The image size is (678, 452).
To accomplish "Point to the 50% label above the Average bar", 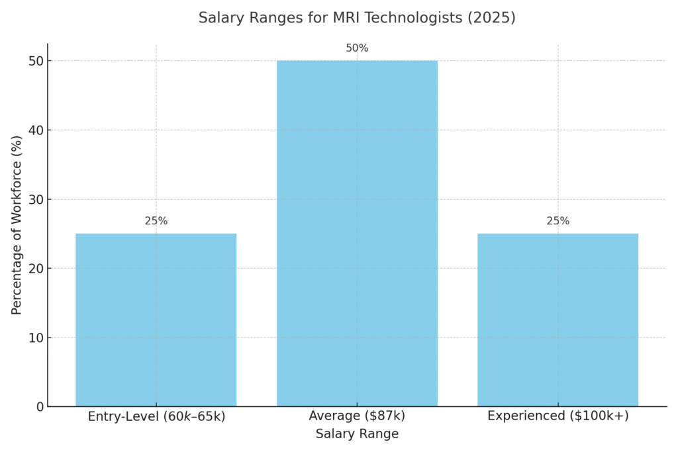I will pos(357,48).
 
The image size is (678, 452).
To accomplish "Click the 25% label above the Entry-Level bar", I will pos(156,221).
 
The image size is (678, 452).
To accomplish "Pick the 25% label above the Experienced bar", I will pos(557,221).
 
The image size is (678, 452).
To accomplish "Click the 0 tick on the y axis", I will pos(39,407).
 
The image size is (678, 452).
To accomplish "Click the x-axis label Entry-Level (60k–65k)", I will pos(156,417).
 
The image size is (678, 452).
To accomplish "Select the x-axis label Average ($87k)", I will pos(357,417).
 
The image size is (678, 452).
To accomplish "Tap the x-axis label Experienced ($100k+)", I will pos(557,417).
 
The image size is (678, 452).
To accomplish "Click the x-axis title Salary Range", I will pos(357,434).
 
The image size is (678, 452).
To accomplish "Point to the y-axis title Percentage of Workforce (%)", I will pos(17,225).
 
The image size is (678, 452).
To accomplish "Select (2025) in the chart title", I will pos(490,18).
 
